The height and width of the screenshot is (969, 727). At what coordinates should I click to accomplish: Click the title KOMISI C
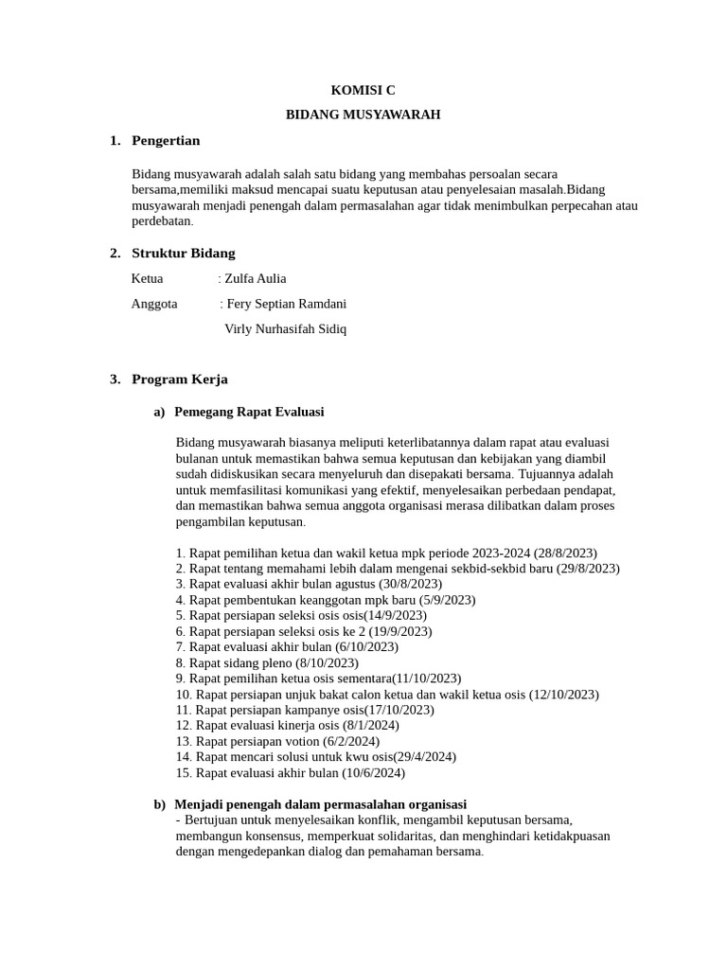click(363, 90)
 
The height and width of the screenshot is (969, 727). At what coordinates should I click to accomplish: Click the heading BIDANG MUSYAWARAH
click(363, 115)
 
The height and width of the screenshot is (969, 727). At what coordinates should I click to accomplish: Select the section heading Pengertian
click(166, 140)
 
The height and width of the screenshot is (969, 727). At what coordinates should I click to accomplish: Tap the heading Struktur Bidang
click(183, 253)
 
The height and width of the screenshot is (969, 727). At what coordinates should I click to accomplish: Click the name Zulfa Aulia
click(255, 278)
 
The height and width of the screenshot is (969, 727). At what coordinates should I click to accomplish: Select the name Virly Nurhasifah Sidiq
click(285, 329)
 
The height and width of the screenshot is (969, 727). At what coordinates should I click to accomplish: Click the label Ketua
click(147, 278)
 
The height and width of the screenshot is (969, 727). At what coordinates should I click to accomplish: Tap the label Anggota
click(154, 304)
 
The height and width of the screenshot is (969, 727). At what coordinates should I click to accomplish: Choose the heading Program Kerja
click(179, 379)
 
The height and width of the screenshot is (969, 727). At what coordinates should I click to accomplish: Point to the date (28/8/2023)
click(565, 553)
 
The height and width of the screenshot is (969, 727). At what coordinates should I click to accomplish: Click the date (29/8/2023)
click(588, 568)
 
